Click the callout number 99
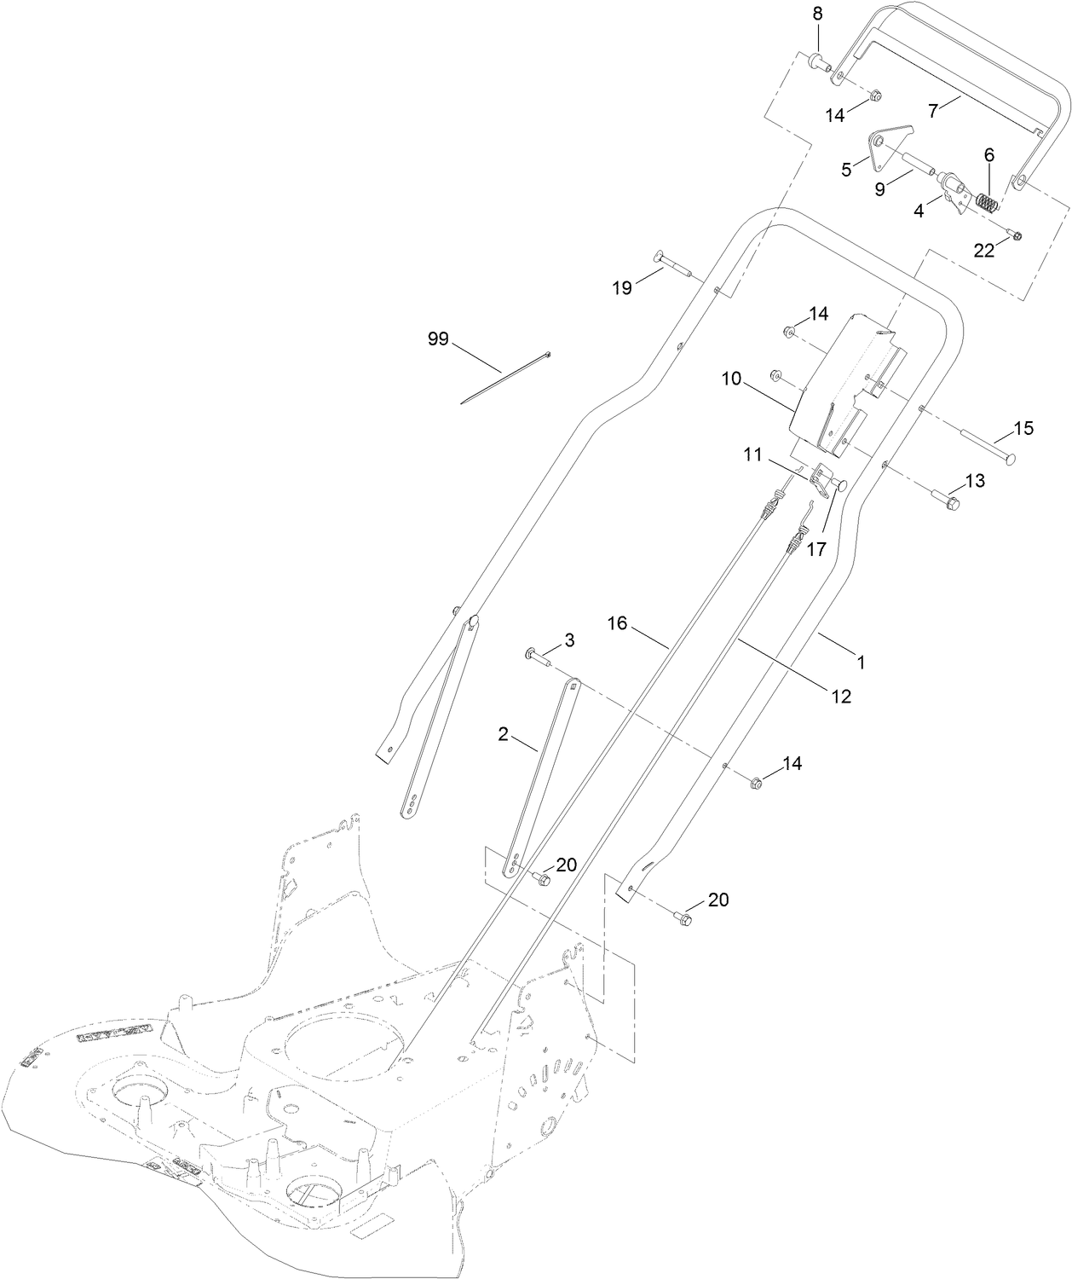[x=438, y=339]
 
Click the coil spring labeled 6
[x=987, y=204]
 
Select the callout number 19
[x=623, y=287]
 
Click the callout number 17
[x=816, y=549]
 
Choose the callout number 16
[x=617, y=624]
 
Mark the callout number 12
[x=841, y=696]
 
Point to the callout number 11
[x=752, y=455]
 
